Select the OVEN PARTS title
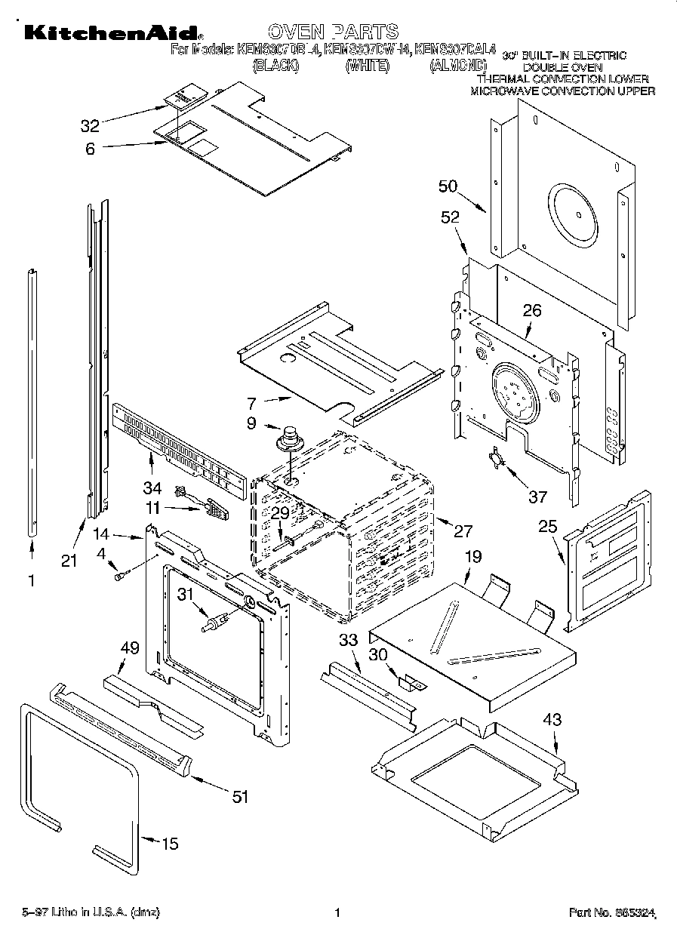click(333, 31)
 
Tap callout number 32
click(90, 125)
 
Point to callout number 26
click(532, 309)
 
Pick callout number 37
click(537, 497)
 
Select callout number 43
click(552, 719)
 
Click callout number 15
click(171, 844)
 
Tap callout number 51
click(239, 797)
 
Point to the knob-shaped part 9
click(288, 438)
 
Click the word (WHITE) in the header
click(367, 66)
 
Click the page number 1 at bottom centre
click(337, 913)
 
